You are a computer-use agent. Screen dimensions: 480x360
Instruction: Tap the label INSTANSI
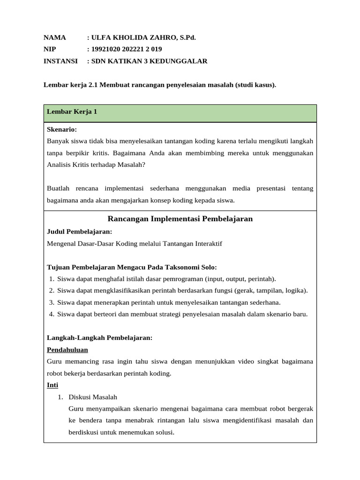[x=62, y=61]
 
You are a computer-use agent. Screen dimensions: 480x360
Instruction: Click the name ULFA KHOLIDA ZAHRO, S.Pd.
[x=142, y=37]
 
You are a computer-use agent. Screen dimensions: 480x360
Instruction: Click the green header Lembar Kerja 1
[x=72, y=112]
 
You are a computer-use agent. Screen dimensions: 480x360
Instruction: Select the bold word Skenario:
[x=62, y=129]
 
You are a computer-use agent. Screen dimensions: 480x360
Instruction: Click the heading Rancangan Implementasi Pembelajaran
[x=180, y=218]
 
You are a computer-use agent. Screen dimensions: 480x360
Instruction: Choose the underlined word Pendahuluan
[x=67, y=350]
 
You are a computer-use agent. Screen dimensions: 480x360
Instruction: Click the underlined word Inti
[x=52, y=385]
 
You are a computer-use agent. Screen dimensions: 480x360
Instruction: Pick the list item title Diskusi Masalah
[x=93, y=397]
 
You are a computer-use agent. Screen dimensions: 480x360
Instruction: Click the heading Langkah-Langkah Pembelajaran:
[x=100, y=337]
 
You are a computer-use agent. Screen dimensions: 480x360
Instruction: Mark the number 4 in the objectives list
[x=51, y=314]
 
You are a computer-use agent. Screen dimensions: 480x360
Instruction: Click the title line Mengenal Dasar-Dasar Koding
[x=135, y=243]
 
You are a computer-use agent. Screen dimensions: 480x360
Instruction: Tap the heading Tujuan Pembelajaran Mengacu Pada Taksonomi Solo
[x=132, y=267]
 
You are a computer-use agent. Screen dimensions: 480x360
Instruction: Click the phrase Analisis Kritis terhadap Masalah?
[x=97, y=165]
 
